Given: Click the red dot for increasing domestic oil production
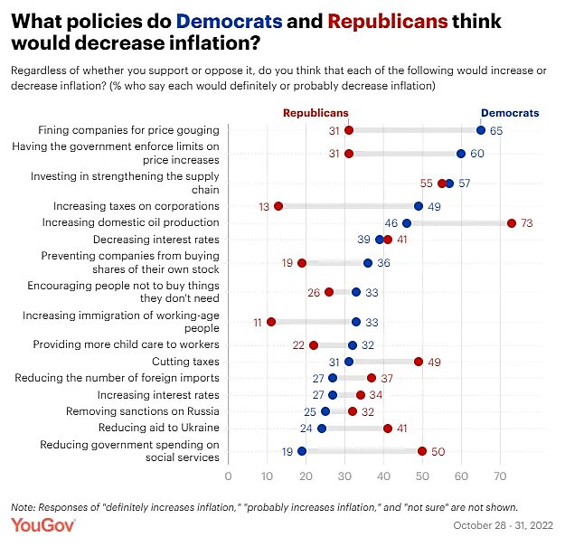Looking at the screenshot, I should [512, 222].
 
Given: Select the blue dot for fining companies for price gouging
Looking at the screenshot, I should [481, 130].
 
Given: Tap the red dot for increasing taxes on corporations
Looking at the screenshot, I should [278, 206].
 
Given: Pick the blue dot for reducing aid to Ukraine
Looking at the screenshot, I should [322, 428].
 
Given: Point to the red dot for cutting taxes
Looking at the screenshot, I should [419, 361].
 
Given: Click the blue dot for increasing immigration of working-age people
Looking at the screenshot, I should [356, 321].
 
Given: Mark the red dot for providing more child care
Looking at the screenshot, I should [314, 344].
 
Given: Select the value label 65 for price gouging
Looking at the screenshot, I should [496, 130].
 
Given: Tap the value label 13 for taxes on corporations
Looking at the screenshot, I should [264, 206].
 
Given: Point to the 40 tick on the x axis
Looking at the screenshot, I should [383, 476].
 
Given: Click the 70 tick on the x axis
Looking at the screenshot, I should [500, 476].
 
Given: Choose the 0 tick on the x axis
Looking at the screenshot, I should [228, 476].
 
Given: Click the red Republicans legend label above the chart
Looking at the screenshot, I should [316, 113].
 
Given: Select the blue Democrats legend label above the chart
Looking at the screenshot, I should [510, 113].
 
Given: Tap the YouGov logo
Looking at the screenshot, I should [42, 525].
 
